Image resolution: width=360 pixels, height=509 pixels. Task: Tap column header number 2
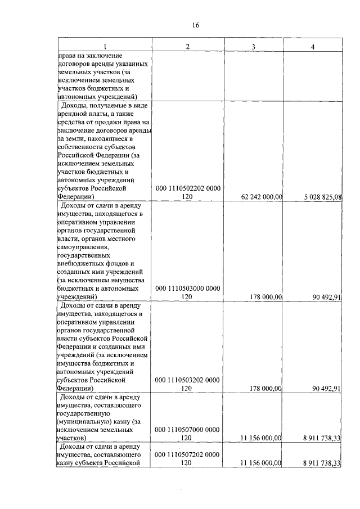tap(188, 46)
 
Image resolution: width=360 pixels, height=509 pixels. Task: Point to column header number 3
tap(254, 46)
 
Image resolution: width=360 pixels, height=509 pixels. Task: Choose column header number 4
tap(313, 46)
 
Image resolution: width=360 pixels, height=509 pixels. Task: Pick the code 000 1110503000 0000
tap(188, 288)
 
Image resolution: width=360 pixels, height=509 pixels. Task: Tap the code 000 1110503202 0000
tap(188, 380)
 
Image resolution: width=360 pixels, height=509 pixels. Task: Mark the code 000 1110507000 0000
tap(188, 429)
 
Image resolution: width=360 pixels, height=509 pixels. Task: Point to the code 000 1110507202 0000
tap(188, 453)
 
